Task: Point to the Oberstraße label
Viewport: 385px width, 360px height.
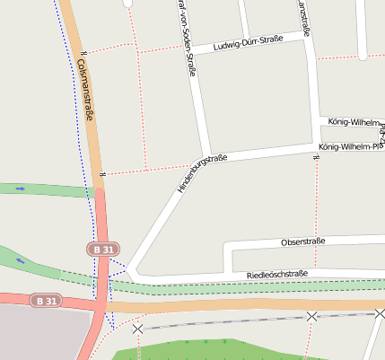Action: click(302, 241)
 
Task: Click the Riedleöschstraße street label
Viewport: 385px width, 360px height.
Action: click(270, 274)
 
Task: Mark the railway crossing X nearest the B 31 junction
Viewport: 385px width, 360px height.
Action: click(137, 329)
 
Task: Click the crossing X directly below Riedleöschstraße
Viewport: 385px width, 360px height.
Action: click(311, 316)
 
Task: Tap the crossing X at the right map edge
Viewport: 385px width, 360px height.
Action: click(381, 313)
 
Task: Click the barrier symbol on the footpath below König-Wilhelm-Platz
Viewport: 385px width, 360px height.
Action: click(316, 159)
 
